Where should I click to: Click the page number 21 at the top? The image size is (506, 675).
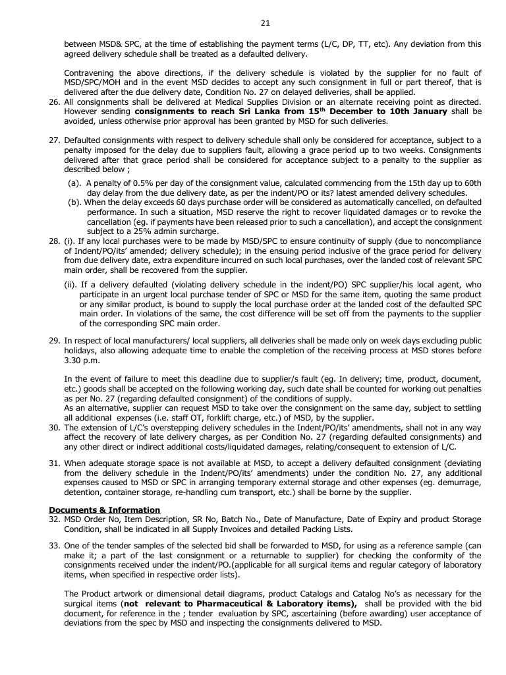(266, 23)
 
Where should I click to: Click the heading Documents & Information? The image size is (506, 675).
(105, 510)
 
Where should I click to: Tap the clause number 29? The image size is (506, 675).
(55, 341)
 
